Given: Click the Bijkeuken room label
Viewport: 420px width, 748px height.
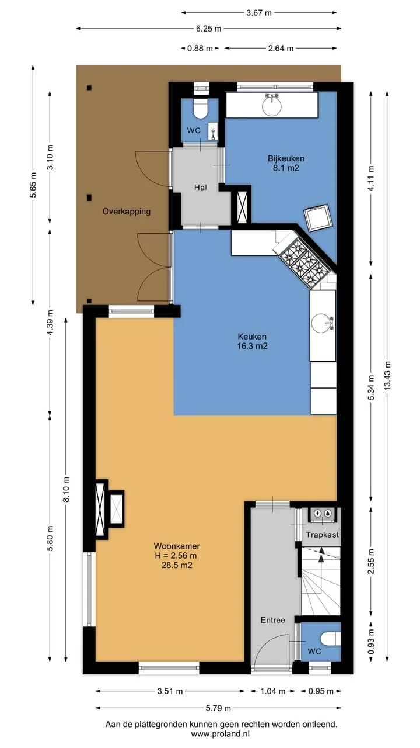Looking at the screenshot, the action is point(286,163).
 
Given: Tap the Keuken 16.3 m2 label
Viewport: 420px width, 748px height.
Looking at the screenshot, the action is point(252,341).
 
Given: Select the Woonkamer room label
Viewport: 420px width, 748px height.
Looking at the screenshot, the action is point(177,555).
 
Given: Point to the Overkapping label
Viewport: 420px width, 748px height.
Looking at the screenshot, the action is point(127,212).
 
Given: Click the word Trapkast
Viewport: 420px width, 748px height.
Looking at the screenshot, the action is point(323,535).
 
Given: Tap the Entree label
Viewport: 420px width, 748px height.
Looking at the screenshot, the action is point(272,620).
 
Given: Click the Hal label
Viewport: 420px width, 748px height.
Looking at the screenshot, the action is point(200,188).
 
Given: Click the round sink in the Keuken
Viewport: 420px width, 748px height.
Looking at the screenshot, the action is point(322,323).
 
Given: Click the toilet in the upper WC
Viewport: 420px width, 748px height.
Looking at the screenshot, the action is point(200,109).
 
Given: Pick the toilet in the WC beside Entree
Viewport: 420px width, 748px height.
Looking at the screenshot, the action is point(330,639).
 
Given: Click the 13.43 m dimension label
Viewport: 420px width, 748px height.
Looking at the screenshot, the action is point(387,375).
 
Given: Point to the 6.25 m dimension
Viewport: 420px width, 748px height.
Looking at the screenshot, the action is point(208,29).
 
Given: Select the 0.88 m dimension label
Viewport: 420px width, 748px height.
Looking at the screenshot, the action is point(199,49).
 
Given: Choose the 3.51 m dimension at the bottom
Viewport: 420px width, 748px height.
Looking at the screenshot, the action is point(170,691).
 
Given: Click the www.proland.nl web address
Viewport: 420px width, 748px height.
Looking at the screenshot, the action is point(220,733).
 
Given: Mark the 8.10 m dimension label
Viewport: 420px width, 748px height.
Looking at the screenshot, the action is point(66,489).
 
